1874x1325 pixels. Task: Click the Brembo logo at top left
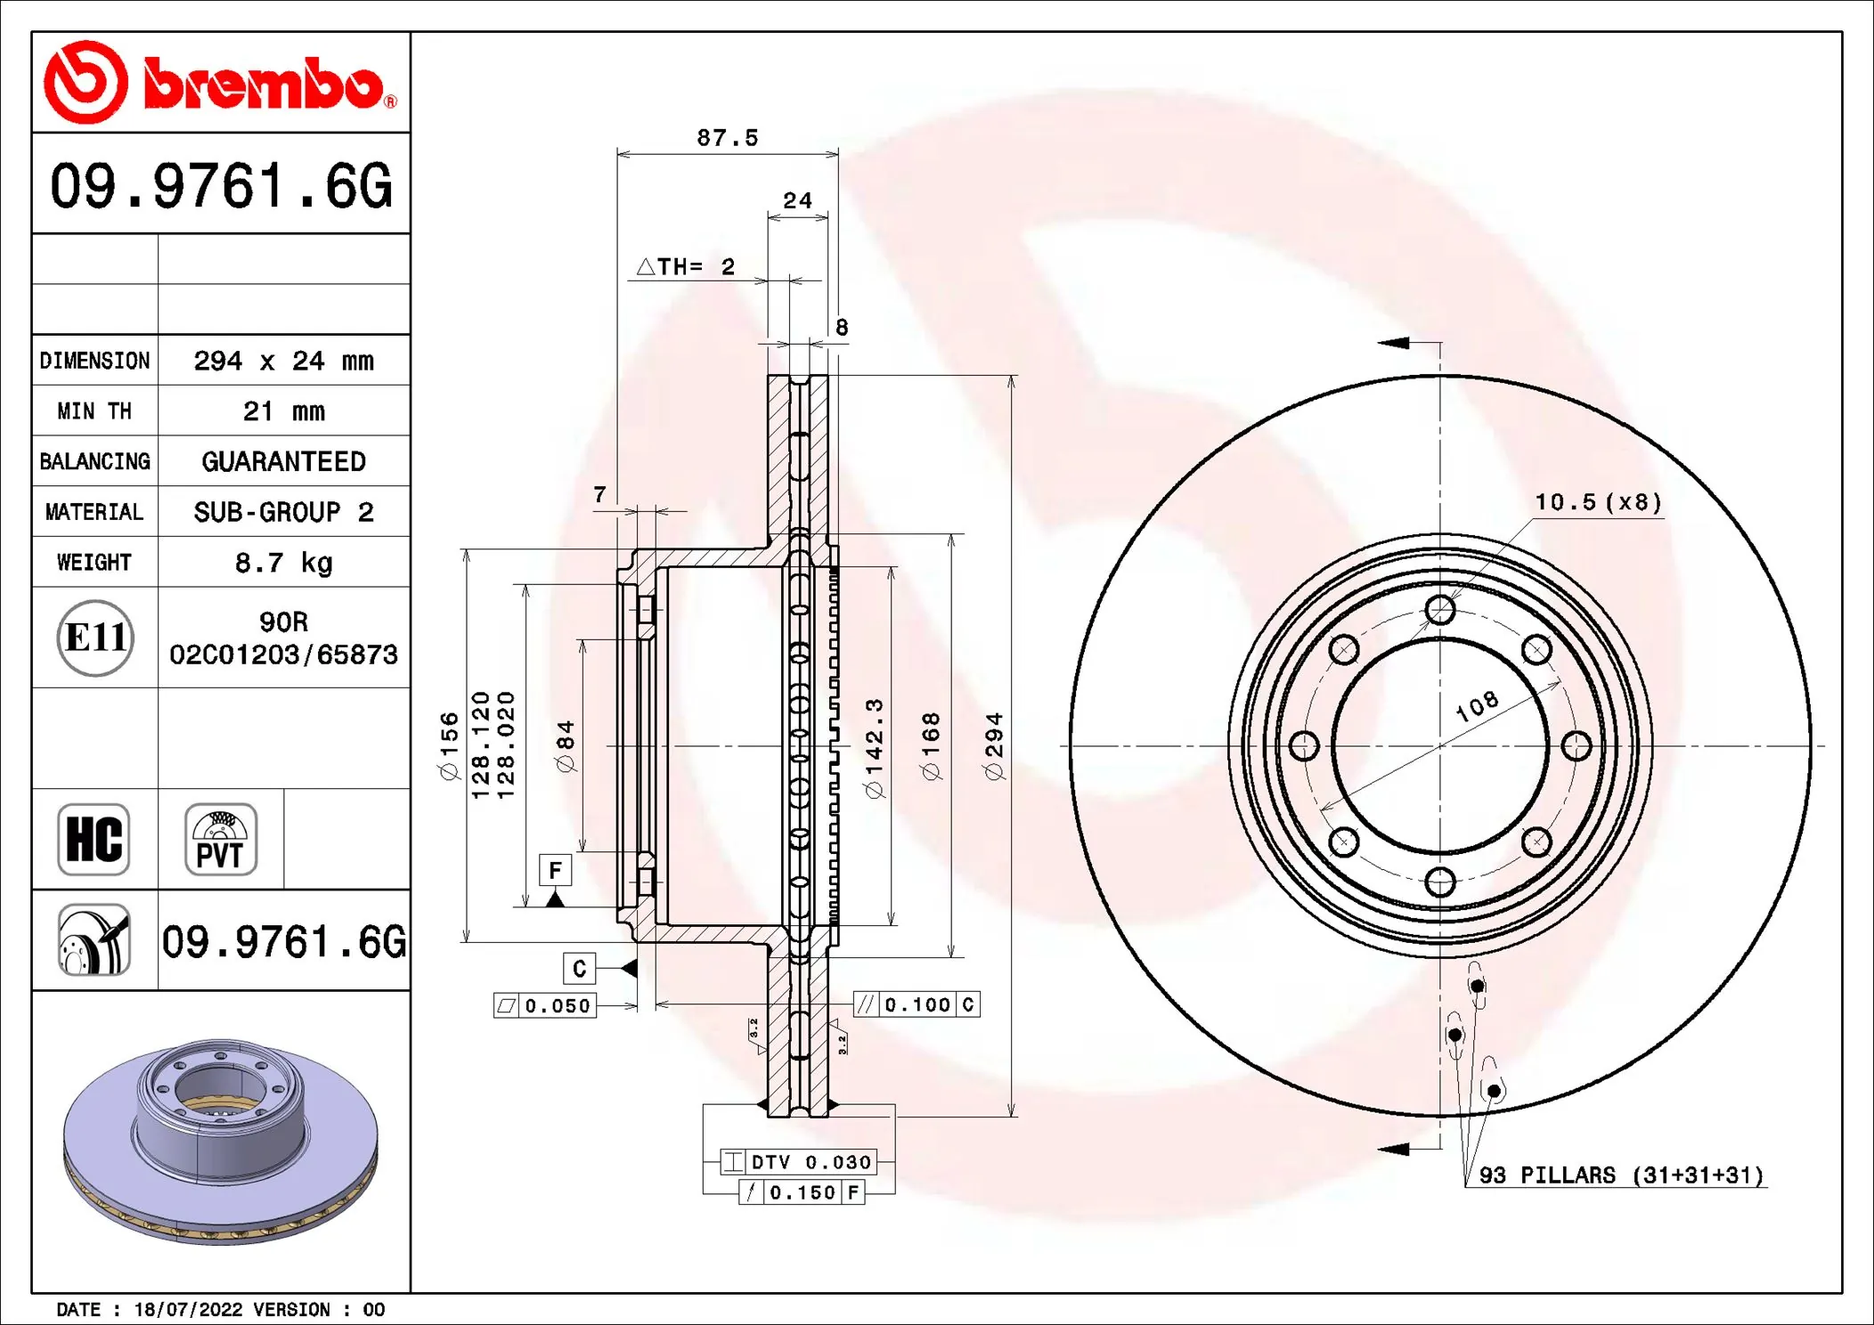(220, 83)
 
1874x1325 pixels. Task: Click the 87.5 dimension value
(727, 138)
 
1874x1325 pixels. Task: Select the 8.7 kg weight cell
(283, 563)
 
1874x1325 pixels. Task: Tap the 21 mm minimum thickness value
(283, 411)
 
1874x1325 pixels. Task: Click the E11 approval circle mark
(95, 638)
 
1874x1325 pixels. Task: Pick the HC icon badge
(94, 840)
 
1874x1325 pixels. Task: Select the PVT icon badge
(220, 840)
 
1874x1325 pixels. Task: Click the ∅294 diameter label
(995, 746)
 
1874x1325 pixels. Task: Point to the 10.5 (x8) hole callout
(1598, 502)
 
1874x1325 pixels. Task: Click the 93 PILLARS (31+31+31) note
(1620, 1175)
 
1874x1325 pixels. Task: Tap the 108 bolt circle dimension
(1477, 706)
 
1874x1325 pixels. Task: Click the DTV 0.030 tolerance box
(799, 1162)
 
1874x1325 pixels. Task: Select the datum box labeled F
(555, 870)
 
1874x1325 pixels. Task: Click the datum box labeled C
(579, 969)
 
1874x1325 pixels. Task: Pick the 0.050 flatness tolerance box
(545, 1006)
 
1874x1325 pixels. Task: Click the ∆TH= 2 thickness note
(686, 267)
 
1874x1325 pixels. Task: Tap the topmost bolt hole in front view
(1439, 610)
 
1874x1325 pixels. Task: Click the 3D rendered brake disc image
(220, 1140)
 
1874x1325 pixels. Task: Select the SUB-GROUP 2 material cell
(283, 512)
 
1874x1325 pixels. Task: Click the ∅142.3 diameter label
(875, 748)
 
